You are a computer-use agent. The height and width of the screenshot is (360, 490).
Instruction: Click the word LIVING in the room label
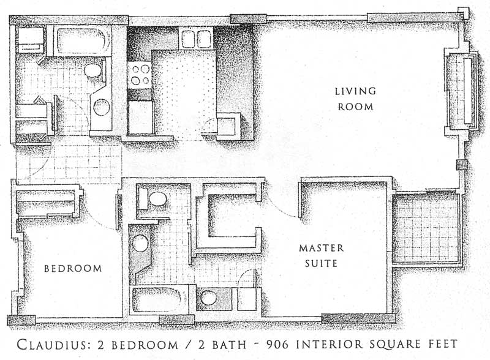tap(355, 91)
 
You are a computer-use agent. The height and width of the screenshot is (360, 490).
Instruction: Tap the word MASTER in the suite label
tap(321, 248)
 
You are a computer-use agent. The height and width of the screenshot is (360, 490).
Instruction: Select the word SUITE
tap(321, 263)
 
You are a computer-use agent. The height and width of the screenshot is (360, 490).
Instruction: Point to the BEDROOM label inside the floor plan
tap(73, 268)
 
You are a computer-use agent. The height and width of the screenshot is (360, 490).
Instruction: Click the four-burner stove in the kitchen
tap(140, 75)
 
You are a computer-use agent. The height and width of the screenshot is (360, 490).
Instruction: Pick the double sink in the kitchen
tap(196, 39)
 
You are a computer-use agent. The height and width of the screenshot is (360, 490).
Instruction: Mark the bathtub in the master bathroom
tap(159, 300)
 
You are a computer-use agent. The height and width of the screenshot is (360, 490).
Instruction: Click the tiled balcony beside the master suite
tap(426, 229)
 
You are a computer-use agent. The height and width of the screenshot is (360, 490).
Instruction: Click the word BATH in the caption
tap(229, 345)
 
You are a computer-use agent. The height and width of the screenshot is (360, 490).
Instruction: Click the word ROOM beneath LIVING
tap(355, 107)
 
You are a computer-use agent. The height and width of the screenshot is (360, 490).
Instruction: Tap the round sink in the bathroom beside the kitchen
tap(102, 107)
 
